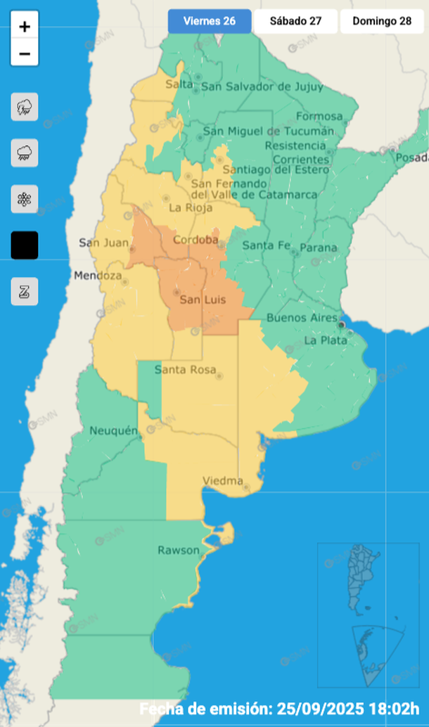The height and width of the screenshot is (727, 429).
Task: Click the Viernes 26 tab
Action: point(209,21)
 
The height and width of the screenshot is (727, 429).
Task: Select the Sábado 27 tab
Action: point(295,21)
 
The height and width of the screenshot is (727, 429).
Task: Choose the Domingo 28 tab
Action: point(382,21)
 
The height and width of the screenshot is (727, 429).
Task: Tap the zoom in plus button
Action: point(25,27)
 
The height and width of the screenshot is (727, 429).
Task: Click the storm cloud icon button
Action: point(25,107)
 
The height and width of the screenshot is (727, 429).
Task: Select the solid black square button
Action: point(25,245)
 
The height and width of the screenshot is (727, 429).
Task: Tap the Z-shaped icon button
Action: point(25,291)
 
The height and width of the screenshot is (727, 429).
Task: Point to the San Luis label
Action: point(203,300)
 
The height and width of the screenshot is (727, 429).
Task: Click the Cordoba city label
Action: point(196,240)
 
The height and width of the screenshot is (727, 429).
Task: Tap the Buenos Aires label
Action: point(302,318)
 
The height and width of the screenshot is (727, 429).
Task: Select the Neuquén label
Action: point(113,430)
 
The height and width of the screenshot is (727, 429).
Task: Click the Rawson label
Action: point(179,550)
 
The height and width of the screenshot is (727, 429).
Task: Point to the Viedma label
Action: point(222,481)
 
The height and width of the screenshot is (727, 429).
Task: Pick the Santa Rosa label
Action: point(186,370)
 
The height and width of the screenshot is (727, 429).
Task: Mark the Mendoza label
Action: point(98,276)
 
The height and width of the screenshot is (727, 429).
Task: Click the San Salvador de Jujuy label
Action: point(262,87)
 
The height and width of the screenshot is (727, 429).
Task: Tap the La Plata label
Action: point(326,340)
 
